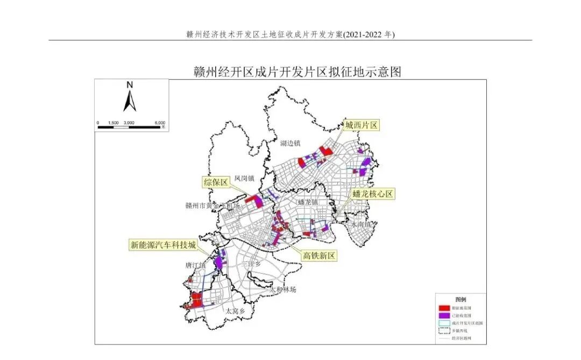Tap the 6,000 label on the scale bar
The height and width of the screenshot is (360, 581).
(x=160, y=123)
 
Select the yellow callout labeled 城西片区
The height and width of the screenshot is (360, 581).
(x=362, y=125)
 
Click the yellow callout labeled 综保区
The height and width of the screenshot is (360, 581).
(x=216, y=182)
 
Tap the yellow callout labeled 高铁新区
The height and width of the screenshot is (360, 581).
(x=320, y=256)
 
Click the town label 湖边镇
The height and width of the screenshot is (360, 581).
(x=290, y=143)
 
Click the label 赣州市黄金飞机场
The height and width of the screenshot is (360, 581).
(x=212, y=205)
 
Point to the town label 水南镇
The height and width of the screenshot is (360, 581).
(x=361, y=224)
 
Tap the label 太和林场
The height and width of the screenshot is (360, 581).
(x=284, y=290)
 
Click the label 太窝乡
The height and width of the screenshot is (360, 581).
(x=235, y=311)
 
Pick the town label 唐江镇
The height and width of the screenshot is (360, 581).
(x=195, y=265)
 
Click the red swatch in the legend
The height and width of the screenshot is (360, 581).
(x=444, y=308)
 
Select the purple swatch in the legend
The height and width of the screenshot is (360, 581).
(x=444, y=315)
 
